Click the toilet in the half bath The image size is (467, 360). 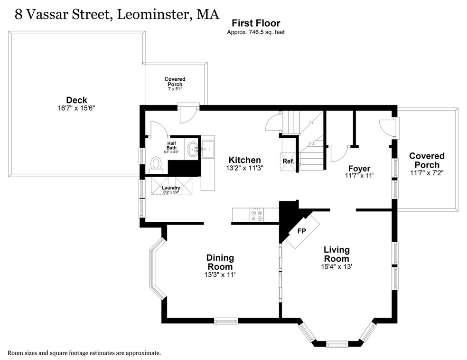[155, 164]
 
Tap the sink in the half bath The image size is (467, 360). [193, 149]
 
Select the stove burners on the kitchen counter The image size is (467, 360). [256, 216]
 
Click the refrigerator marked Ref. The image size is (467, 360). [289, 161]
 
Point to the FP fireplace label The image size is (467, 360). [301, 231]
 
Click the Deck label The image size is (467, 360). [76, 100]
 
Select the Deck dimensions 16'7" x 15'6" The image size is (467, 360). [76, 108]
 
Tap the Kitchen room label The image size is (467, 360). [244, 160]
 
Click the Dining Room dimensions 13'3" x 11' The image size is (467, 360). [220, 275]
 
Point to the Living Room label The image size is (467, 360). [336, 254]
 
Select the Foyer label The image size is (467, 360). [359, 169]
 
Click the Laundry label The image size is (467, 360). [171, 188]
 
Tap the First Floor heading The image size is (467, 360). [255, 23]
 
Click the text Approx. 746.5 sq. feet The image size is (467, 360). [255, 32]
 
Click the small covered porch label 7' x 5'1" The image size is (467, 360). [175, 89]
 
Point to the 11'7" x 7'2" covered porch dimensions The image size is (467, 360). [427, 173]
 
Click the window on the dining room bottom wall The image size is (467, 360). [225, 321]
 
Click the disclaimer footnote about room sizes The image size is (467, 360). [84, 353]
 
